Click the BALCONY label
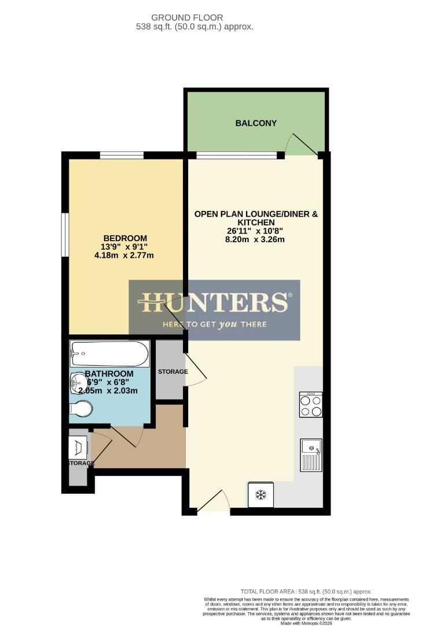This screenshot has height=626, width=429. [256, 123]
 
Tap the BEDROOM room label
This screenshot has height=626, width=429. [125, 238]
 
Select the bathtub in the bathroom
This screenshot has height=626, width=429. [109, 353]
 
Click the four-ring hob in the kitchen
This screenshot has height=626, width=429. [310, 405]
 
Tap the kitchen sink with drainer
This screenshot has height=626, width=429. [310, 454]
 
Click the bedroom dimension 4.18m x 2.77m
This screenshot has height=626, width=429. [125, 256]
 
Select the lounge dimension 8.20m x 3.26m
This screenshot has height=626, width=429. [256, 239]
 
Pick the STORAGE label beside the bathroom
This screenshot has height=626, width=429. [173, 372]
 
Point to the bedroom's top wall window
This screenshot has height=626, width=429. [122, 155]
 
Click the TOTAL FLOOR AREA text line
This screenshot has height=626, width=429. [306, 592]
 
